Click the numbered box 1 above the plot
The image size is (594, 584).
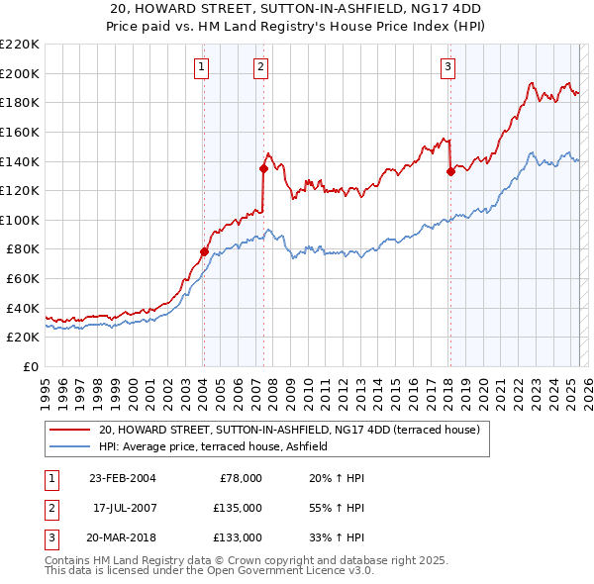pos(201,67)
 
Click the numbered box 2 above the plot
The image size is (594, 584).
pos(259,67)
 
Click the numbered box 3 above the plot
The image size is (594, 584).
pos(447,67)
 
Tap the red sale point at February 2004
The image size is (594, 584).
pos(204,251)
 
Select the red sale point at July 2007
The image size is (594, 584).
pos(264,168)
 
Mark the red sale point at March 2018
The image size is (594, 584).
pos(450,171)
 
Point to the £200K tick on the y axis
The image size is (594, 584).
pos(21,73)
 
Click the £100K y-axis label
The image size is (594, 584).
pos(21,220)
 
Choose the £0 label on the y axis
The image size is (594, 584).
pos(30,367)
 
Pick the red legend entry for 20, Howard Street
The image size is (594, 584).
pos(289,430)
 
